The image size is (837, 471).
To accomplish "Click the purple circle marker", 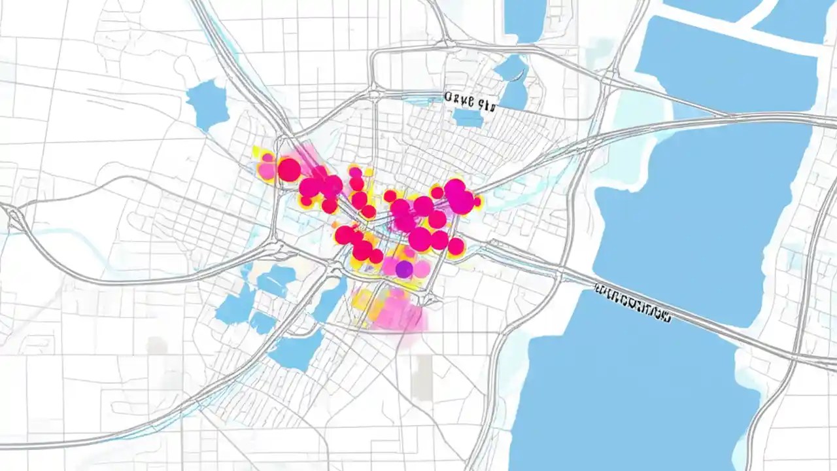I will [x=404, y=268].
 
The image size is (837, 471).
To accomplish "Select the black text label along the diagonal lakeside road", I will [x=632, y=304].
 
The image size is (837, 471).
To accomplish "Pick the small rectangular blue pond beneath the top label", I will [x=468, y=118].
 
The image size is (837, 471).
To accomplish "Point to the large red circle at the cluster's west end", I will [x=289, y=169].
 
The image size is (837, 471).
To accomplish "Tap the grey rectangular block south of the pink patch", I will [x=424, y=377].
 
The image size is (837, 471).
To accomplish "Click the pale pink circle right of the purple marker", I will [x=422, y=268].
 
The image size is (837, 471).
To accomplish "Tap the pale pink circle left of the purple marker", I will [x=389, y=266].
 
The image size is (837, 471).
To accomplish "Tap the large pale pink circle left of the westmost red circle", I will [x=267, y=171].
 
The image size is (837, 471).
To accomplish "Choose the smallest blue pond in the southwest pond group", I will [x=263, y=323].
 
